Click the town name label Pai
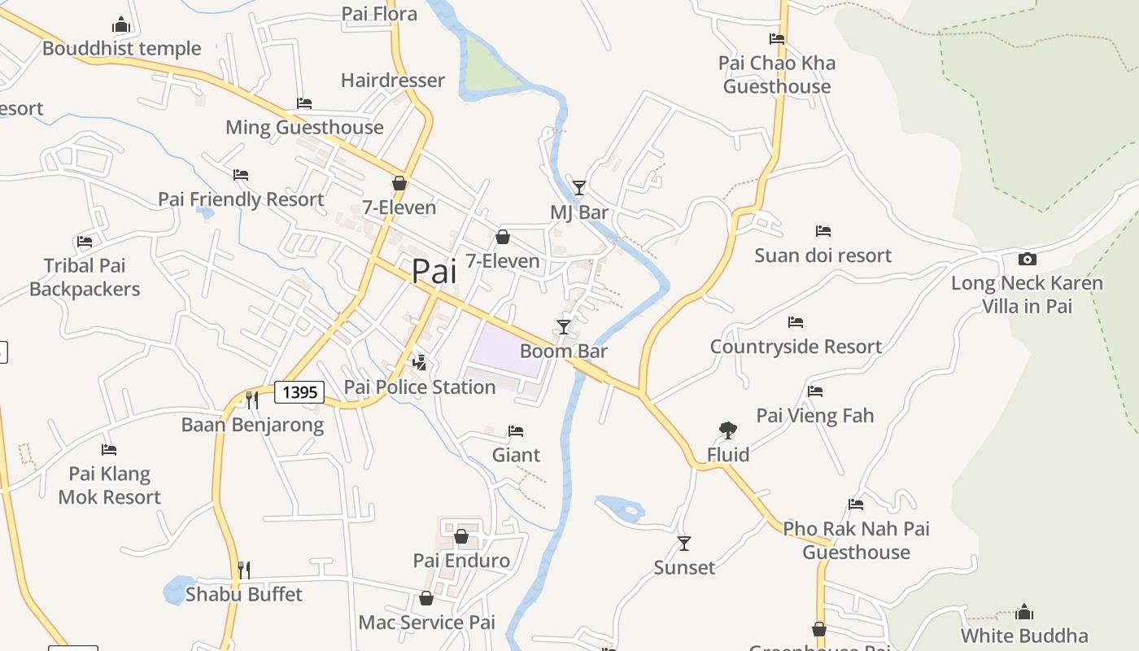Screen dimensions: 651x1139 (x=434, y=271)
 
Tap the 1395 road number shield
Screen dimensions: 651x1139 (x=299, y=392)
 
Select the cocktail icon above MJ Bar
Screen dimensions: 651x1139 (x=578, y=188)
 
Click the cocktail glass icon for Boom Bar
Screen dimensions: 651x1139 (x=563, y=327)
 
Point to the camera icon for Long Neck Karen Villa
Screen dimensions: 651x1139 (x=1028, y=260)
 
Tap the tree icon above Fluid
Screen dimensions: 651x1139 (x=728, y=430)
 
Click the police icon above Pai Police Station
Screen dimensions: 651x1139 (x=420, y=362)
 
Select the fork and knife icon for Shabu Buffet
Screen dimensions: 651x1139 (x=243, y=570)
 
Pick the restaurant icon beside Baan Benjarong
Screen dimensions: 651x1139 (x=252, y=400)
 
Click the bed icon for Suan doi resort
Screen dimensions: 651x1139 (x=823, y=231)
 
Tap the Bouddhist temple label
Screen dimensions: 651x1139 (x=122, y=49)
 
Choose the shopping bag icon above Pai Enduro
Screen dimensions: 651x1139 (x=461, y=536)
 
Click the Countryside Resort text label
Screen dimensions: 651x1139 (x=796, y=347)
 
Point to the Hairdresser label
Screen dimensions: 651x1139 (x=393, y=81)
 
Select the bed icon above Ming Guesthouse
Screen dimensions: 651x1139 (x=304, y=103)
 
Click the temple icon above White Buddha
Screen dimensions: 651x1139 (x=1024, y=611)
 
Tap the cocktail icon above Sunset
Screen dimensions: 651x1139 (x=684, y=543)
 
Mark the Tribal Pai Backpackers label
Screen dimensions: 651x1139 (x=85, y=277)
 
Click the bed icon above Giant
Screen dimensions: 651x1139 (x=516, y=430)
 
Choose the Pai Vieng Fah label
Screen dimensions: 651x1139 (x=815, y=416)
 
